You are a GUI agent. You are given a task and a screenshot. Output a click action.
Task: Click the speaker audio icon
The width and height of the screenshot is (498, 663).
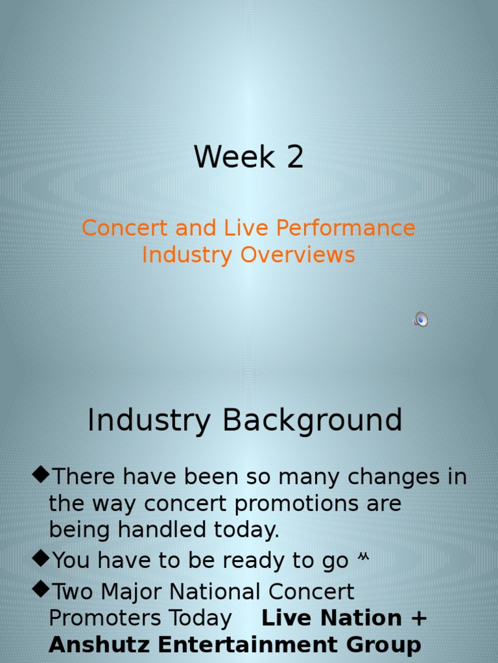pyautogui.click(x=421, y=319)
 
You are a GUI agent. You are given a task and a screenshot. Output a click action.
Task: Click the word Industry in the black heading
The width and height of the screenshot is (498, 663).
pyautogui.click(x=149, y=420)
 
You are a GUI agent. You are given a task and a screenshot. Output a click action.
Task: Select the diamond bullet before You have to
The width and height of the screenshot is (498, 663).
pyautogui.click(x=41, y=558)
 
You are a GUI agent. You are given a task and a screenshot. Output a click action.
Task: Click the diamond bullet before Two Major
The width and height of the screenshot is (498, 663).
pyautogui.click(x=41, y=590)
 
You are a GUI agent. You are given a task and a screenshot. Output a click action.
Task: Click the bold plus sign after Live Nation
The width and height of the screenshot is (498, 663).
pyautogui.click(x=419, y=618)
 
